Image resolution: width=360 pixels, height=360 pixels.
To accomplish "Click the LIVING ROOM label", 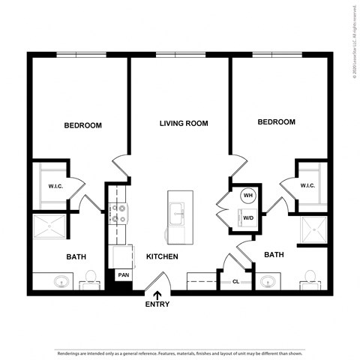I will [x=184, y=123].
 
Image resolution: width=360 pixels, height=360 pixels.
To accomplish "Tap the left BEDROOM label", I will [x=82, y=125].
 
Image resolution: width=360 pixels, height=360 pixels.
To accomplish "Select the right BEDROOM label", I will [x=276, y=121].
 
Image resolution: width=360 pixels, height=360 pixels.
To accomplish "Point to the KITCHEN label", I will [x=161, y=256].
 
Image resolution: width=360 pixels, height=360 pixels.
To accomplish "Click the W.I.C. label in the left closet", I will [x=55, y=186].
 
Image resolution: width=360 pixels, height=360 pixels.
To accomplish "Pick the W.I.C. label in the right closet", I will [x=307, y=185].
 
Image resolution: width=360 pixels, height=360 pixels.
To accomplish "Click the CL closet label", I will [x=235, y=282].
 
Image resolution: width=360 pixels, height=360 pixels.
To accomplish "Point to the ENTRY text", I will [x=157, y=304].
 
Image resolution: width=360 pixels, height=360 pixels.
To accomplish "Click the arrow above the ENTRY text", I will [x=157, y=293].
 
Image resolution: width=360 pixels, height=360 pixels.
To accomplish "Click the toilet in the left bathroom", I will [x=89, y=279].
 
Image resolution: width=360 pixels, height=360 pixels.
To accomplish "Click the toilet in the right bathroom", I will [x=308, y=280].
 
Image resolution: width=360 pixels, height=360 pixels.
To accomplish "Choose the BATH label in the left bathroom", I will [x=76, y=257].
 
